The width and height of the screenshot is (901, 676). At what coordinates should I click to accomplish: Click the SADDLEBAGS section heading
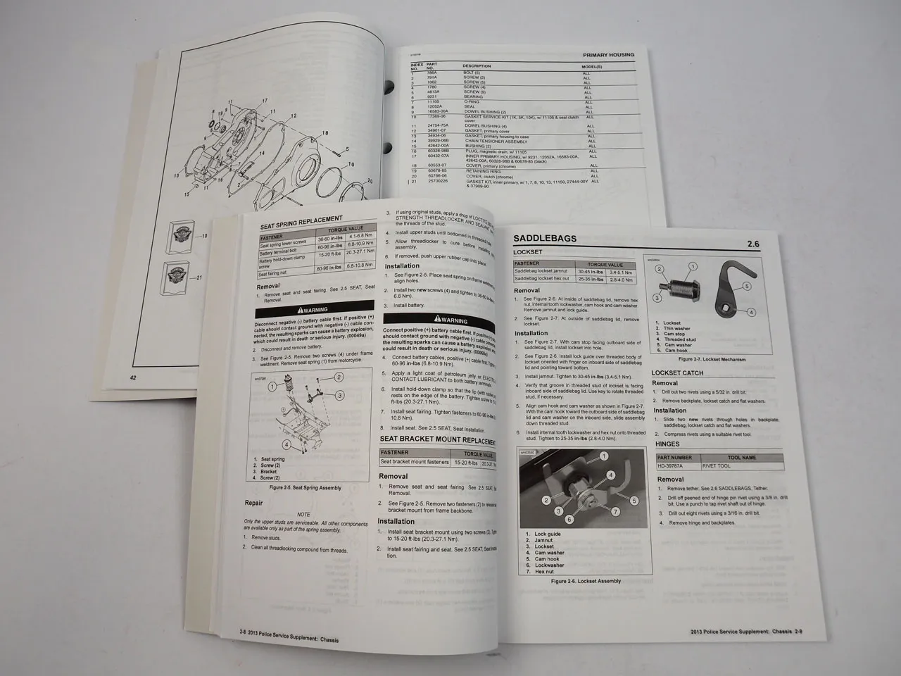click(x=546, y=238)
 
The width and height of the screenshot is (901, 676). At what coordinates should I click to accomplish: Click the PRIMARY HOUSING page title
click(x=609, y=54)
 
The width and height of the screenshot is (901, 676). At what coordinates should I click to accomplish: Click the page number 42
click(x=133, y=378)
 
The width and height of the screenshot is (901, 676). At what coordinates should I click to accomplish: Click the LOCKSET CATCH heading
click(x=676, y=373)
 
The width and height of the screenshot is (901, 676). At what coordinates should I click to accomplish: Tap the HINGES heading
click(x=667, y=444)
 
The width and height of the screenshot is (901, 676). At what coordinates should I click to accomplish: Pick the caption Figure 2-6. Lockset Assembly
click(x=586, y=582)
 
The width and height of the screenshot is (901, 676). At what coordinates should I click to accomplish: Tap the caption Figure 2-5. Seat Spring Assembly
click(x=305, y=487)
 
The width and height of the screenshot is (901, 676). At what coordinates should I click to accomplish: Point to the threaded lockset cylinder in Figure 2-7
click(x=676, y=287)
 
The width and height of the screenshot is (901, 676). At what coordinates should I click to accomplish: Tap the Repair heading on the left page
click(x=253, y=503)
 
